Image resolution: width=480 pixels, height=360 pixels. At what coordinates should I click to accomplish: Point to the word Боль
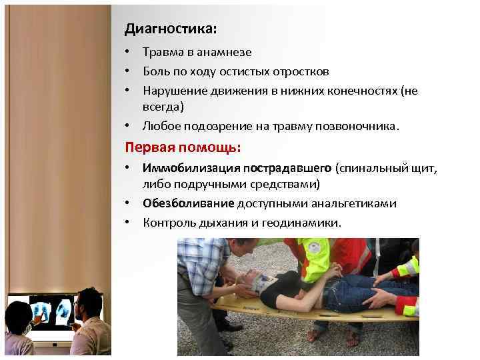(x=155, y=71)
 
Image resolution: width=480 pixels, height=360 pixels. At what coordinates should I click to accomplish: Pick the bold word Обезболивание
(x=188, y=203)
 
